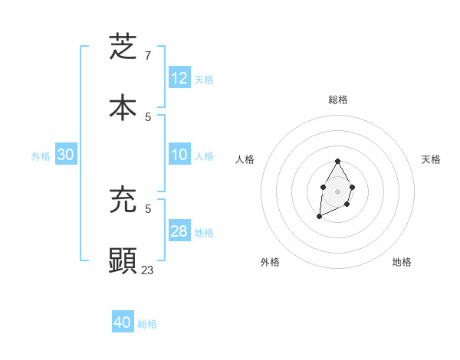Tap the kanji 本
pyautogui.click(x=123, y=108)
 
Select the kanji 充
pyautogui.click(x=123, y=201)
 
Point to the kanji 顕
pyautogui.click(x=123, y=260)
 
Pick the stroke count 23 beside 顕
pyautogui.click(x=148, y=270)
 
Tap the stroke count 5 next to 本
pyautogui.click(x=148, y=116)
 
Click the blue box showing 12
pyautogui.click(x=179, y=78)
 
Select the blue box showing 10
pyautogui.click(x=179, y=155)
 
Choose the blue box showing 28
pyautogui.click(x=179, y=231)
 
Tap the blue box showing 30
pyautogui.click(x=66, y=155)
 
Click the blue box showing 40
pyautogui.click(x=123, y=322)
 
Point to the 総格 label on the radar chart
pyautogui.click(x=338, y=100)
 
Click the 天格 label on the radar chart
pyautogui.click(x=431, y=159)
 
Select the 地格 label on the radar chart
pyautogui.click(x=402, y=262)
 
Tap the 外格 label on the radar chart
pyautogui.click(x=270, y=262)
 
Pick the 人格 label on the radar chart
pyautogui.click(x=245, y=159)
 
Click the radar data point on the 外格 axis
pyautogui.click(x=319, y=218)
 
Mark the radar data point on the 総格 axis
pyautogui.click(x=337, y=162)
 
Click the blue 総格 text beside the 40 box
pyautogui.click(x=147, y=324)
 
